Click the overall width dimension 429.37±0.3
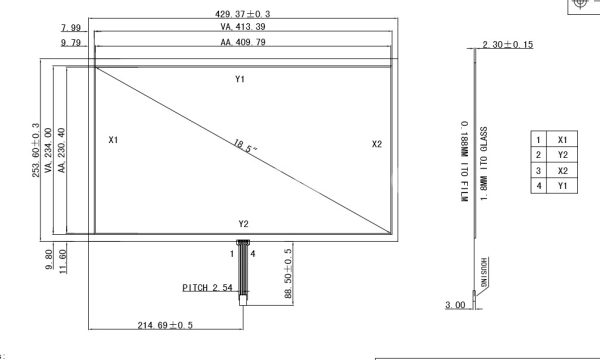point(243,14)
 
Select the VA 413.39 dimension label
point(243,27)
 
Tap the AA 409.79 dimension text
point(243,42)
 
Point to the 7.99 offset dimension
point(71,28)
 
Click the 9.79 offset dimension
point(71,42)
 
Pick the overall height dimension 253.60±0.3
point(36,150)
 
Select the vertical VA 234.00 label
point(48,150)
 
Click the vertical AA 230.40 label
point(61,150)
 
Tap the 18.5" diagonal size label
point(245,146)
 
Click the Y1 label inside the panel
point(240,79)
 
